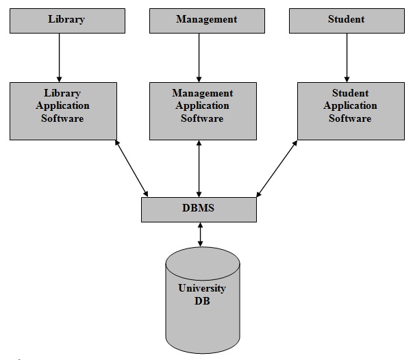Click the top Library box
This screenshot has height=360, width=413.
[67, 20]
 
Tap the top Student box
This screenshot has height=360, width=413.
[346, 20]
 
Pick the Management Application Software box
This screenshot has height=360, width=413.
[203, 111]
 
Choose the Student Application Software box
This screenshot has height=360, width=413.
[350, 111]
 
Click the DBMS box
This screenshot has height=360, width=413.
[199, 209]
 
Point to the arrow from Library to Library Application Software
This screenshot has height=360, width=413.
[60, 57]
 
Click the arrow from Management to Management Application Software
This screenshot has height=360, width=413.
[199, 57]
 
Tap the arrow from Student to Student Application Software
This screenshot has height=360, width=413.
[346, 57]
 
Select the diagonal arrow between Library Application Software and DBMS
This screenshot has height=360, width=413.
[132, 168]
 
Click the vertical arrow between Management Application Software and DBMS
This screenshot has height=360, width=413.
[199, 168]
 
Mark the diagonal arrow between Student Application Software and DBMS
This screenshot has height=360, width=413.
[277, 168]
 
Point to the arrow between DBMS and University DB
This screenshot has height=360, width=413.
[199, 234]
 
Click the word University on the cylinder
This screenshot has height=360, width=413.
[202, 288]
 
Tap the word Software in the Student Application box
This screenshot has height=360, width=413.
[350, 118]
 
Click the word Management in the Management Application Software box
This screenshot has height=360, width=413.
[203, 93]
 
